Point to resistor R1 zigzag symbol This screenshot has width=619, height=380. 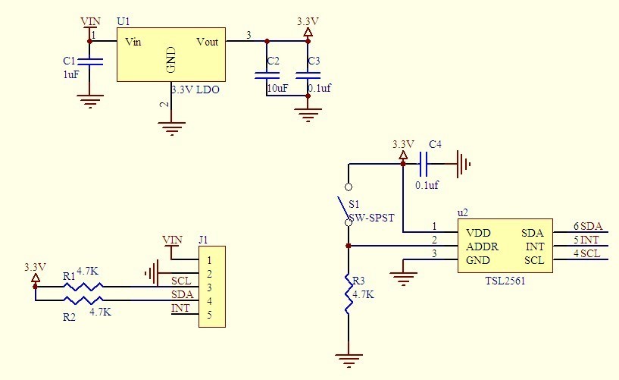pyautogui.click(x=82, y=287)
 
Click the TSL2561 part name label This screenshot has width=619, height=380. pyautogui.click(x=505, y=280)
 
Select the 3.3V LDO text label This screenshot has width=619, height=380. pyautogui.click(x=195, y=90)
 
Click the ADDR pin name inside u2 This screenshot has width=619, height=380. pyautogui.click(x=482, y=247)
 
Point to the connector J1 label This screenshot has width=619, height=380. pyautogui.click(x=203, y=240)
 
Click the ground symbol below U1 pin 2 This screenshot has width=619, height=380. pyautogui.click(x=173, y=129)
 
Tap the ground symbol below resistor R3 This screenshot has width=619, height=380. pyautogui.click(x=349, y=361)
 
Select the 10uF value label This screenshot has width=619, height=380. pyautogui.click(x=277, y=89)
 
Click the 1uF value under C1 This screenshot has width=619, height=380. pyautogui.click(x=70, y=74)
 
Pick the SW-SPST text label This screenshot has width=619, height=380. pyautogui.click(x=371, y=218)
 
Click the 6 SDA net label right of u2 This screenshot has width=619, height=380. pyautogui.click(x=587, y=226)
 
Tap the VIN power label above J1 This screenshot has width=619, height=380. pyautogui.click(x=172, y=240)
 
